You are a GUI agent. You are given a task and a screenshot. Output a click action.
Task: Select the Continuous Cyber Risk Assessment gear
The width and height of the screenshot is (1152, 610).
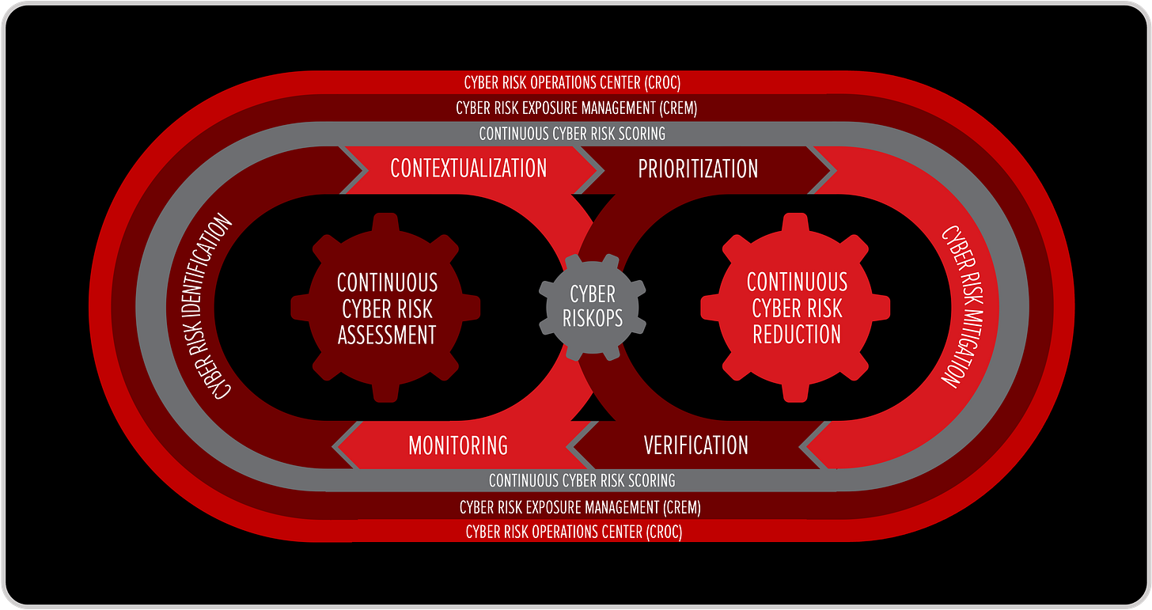387,308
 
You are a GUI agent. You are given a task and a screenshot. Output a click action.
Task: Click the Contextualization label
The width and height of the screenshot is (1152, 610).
468,168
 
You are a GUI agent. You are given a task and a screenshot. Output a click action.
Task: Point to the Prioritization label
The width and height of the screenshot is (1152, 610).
698,169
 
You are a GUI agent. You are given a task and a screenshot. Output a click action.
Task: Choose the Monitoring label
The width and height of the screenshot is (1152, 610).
458,445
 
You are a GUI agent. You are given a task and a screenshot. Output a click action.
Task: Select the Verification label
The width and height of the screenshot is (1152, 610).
695,445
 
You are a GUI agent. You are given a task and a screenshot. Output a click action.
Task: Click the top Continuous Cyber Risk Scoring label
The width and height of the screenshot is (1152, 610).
572,134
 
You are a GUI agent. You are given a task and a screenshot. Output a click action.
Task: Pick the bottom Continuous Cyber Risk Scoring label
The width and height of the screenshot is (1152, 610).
582,480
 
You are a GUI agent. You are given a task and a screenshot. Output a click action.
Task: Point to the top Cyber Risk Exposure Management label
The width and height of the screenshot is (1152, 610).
576,108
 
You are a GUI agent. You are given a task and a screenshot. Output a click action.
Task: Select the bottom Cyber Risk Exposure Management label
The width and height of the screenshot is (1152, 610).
580,506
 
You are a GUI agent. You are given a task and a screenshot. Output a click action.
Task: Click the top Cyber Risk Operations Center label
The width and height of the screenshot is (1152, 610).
572,82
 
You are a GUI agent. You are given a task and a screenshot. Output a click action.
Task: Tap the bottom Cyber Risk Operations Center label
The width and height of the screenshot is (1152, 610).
574,532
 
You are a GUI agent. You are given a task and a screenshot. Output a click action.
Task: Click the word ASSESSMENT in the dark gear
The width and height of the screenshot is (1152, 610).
387,335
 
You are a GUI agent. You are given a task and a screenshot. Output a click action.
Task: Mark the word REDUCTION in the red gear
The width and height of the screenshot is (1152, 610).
797,334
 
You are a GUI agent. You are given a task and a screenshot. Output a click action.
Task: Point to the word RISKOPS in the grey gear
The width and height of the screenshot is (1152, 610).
592,318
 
